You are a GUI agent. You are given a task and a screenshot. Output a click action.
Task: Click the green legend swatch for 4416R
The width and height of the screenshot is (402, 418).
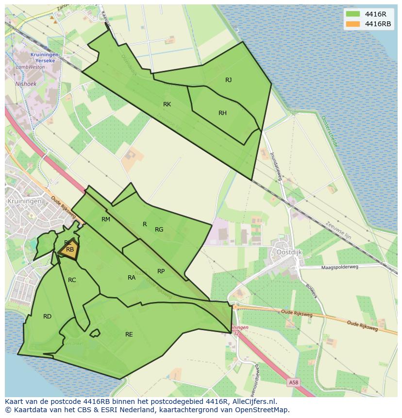click(x=353, y=14)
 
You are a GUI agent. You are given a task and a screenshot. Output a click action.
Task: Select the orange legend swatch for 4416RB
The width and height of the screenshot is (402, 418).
click(x=353, y=24)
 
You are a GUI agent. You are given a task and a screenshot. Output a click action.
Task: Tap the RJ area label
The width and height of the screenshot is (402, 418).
click(x=228, y=80)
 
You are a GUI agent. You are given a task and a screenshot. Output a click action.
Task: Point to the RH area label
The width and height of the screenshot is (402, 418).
click(x=222, y=113)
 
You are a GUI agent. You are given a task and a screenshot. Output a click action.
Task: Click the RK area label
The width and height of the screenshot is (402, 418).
click(x=167, y=104)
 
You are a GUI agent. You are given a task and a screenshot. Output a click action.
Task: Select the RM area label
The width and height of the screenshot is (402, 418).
click(x=106, y=219)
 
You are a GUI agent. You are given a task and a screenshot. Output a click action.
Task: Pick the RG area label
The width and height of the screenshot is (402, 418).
click(x=159, y=230)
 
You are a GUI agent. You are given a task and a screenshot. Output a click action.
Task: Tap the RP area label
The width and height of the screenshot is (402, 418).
click(x=161, y=271)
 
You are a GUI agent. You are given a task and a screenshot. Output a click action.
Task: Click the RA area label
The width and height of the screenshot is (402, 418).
click(x=132, y=278)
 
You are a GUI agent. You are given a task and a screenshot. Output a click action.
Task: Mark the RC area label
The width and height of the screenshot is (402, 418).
click(x=72, y=280)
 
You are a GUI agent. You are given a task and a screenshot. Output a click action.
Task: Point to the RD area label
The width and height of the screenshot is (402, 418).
click(x=47, y=317)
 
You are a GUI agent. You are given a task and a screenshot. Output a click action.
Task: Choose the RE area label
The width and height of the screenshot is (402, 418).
click(x=129, y=334)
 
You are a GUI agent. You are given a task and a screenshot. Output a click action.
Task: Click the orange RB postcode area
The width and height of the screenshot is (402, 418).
click(x=69, y=251)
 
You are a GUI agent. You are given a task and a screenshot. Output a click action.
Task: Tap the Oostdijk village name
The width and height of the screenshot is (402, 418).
click(x=289, y=252)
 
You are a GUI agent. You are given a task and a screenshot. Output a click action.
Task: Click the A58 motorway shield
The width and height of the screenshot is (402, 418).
click(x=294, y=383)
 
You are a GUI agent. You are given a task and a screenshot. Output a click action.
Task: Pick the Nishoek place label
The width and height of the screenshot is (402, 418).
click(x=26, y=84)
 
